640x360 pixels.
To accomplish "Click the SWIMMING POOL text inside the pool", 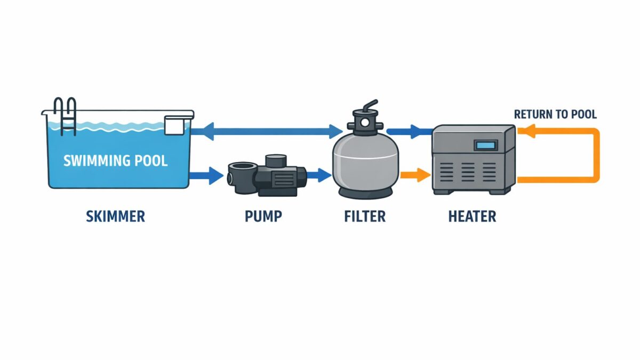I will click(116, 161).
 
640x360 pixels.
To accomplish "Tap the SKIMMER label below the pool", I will click(115, 216).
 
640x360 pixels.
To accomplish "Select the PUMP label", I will click(263, 216).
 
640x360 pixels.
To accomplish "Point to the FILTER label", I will click(365, 216).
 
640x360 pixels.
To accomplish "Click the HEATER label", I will click(473, 216).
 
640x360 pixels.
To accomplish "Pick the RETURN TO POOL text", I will click(555, 114).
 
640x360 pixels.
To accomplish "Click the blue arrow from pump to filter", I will click(317, 174).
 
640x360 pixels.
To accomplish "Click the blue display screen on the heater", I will click(486, 145).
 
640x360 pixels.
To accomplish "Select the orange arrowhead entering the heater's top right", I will click(525, 132).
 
